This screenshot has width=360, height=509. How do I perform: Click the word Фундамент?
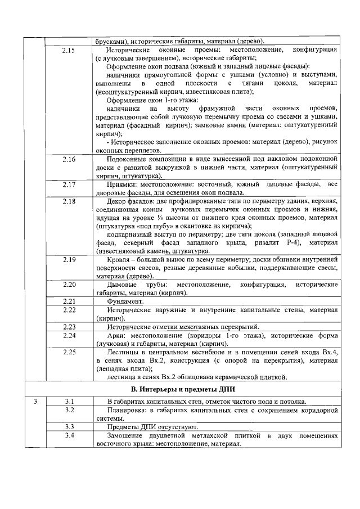[124, 301]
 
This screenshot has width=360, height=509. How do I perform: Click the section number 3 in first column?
[35, 401]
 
